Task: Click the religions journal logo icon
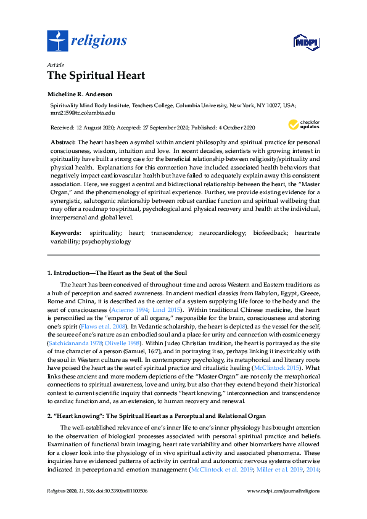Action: (57, 41)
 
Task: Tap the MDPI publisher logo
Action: (306, 43)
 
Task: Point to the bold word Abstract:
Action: (63, 142)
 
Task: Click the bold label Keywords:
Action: (65, 234)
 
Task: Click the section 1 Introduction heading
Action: (117, 272)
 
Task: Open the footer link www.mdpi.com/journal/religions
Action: (283, 491)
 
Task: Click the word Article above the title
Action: (55, 64)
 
